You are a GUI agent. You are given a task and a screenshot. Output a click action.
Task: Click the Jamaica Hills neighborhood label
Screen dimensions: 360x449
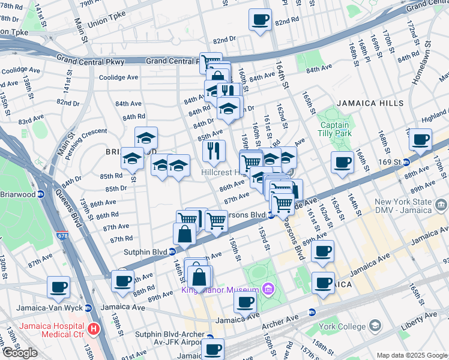(370, 103)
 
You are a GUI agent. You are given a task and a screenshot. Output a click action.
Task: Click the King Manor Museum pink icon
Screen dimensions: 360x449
(266, 290)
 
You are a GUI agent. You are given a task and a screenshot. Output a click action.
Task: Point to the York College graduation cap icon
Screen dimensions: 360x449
(375, 326)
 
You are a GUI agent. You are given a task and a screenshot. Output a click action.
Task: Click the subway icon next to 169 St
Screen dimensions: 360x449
(406, 162)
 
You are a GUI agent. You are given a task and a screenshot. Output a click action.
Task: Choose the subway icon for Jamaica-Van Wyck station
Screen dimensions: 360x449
(88, 308)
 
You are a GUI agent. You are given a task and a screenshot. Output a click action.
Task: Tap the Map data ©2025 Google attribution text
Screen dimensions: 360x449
(411, 355)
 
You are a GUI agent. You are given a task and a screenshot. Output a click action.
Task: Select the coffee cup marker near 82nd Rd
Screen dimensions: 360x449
(260, 20)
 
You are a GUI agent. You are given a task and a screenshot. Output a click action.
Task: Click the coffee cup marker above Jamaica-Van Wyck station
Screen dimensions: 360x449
(58, 287)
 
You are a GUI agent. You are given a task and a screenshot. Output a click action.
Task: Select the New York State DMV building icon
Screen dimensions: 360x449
(441, 206)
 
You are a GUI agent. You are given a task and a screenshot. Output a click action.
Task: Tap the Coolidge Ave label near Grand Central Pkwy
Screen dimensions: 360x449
(118, 77)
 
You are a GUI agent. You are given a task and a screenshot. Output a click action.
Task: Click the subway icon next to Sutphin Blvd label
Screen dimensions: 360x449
(172, 252)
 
